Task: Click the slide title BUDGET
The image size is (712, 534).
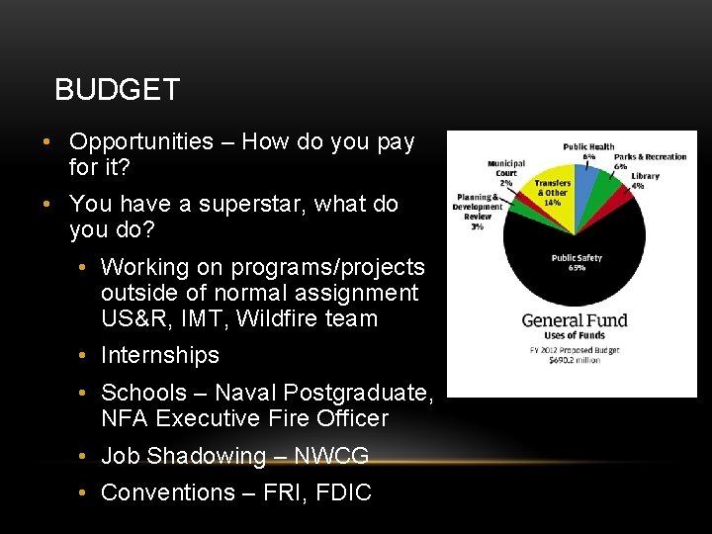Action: point(117,90)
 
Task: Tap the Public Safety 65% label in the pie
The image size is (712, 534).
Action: point(576,262)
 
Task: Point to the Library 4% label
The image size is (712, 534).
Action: point(645,181)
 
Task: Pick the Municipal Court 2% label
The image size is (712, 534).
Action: point(505,173)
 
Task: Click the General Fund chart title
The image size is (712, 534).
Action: point(575,320)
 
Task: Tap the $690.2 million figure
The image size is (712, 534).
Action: point(574,359)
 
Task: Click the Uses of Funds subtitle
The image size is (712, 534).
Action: point(575,336)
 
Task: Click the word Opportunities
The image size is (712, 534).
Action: point(141,141)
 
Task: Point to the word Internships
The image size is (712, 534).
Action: point(160,355)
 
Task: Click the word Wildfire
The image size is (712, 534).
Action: point(274,318)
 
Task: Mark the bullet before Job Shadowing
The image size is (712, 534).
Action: point(87,456)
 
